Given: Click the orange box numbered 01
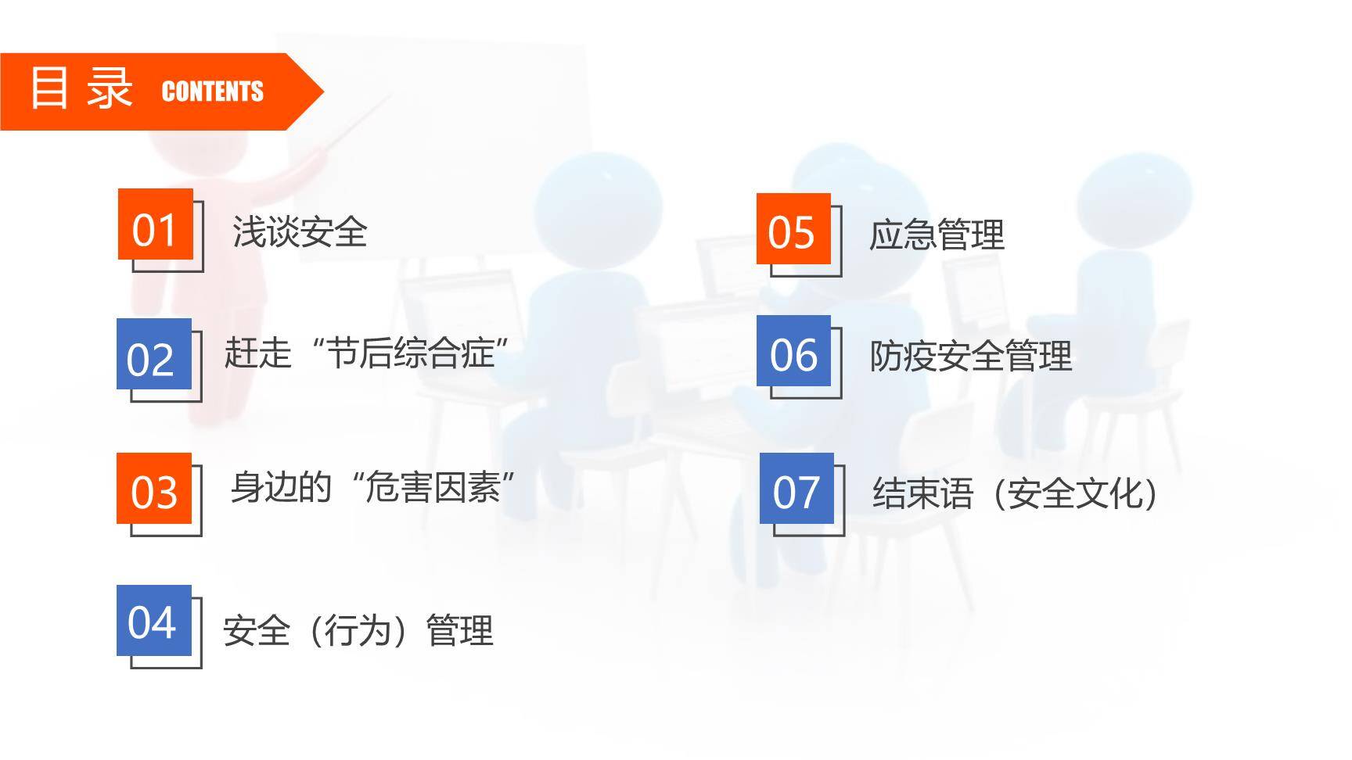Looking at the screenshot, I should point(155,224).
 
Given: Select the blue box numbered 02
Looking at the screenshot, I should point(153,354).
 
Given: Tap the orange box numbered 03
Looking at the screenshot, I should point(154,488).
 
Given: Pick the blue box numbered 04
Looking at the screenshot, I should point(153,620).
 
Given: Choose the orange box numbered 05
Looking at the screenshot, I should point(793,229).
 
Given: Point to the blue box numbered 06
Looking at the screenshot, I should point(793,351).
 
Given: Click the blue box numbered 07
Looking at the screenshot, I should point(796,489).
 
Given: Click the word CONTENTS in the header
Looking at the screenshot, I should point(212,91).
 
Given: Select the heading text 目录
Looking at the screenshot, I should point(81,88).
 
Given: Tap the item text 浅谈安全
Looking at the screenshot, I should point(300,231).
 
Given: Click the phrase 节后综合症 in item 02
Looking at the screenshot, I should point(410,353).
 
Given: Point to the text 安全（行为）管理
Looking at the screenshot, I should point(358,630).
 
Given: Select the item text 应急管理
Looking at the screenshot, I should point(937,235).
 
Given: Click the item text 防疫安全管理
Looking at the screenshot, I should point(970,357).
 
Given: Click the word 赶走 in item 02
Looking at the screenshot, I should point(257,353).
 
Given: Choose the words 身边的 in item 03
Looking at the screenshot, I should point(281,488).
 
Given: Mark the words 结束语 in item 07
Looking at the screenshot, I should point(922,493).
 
